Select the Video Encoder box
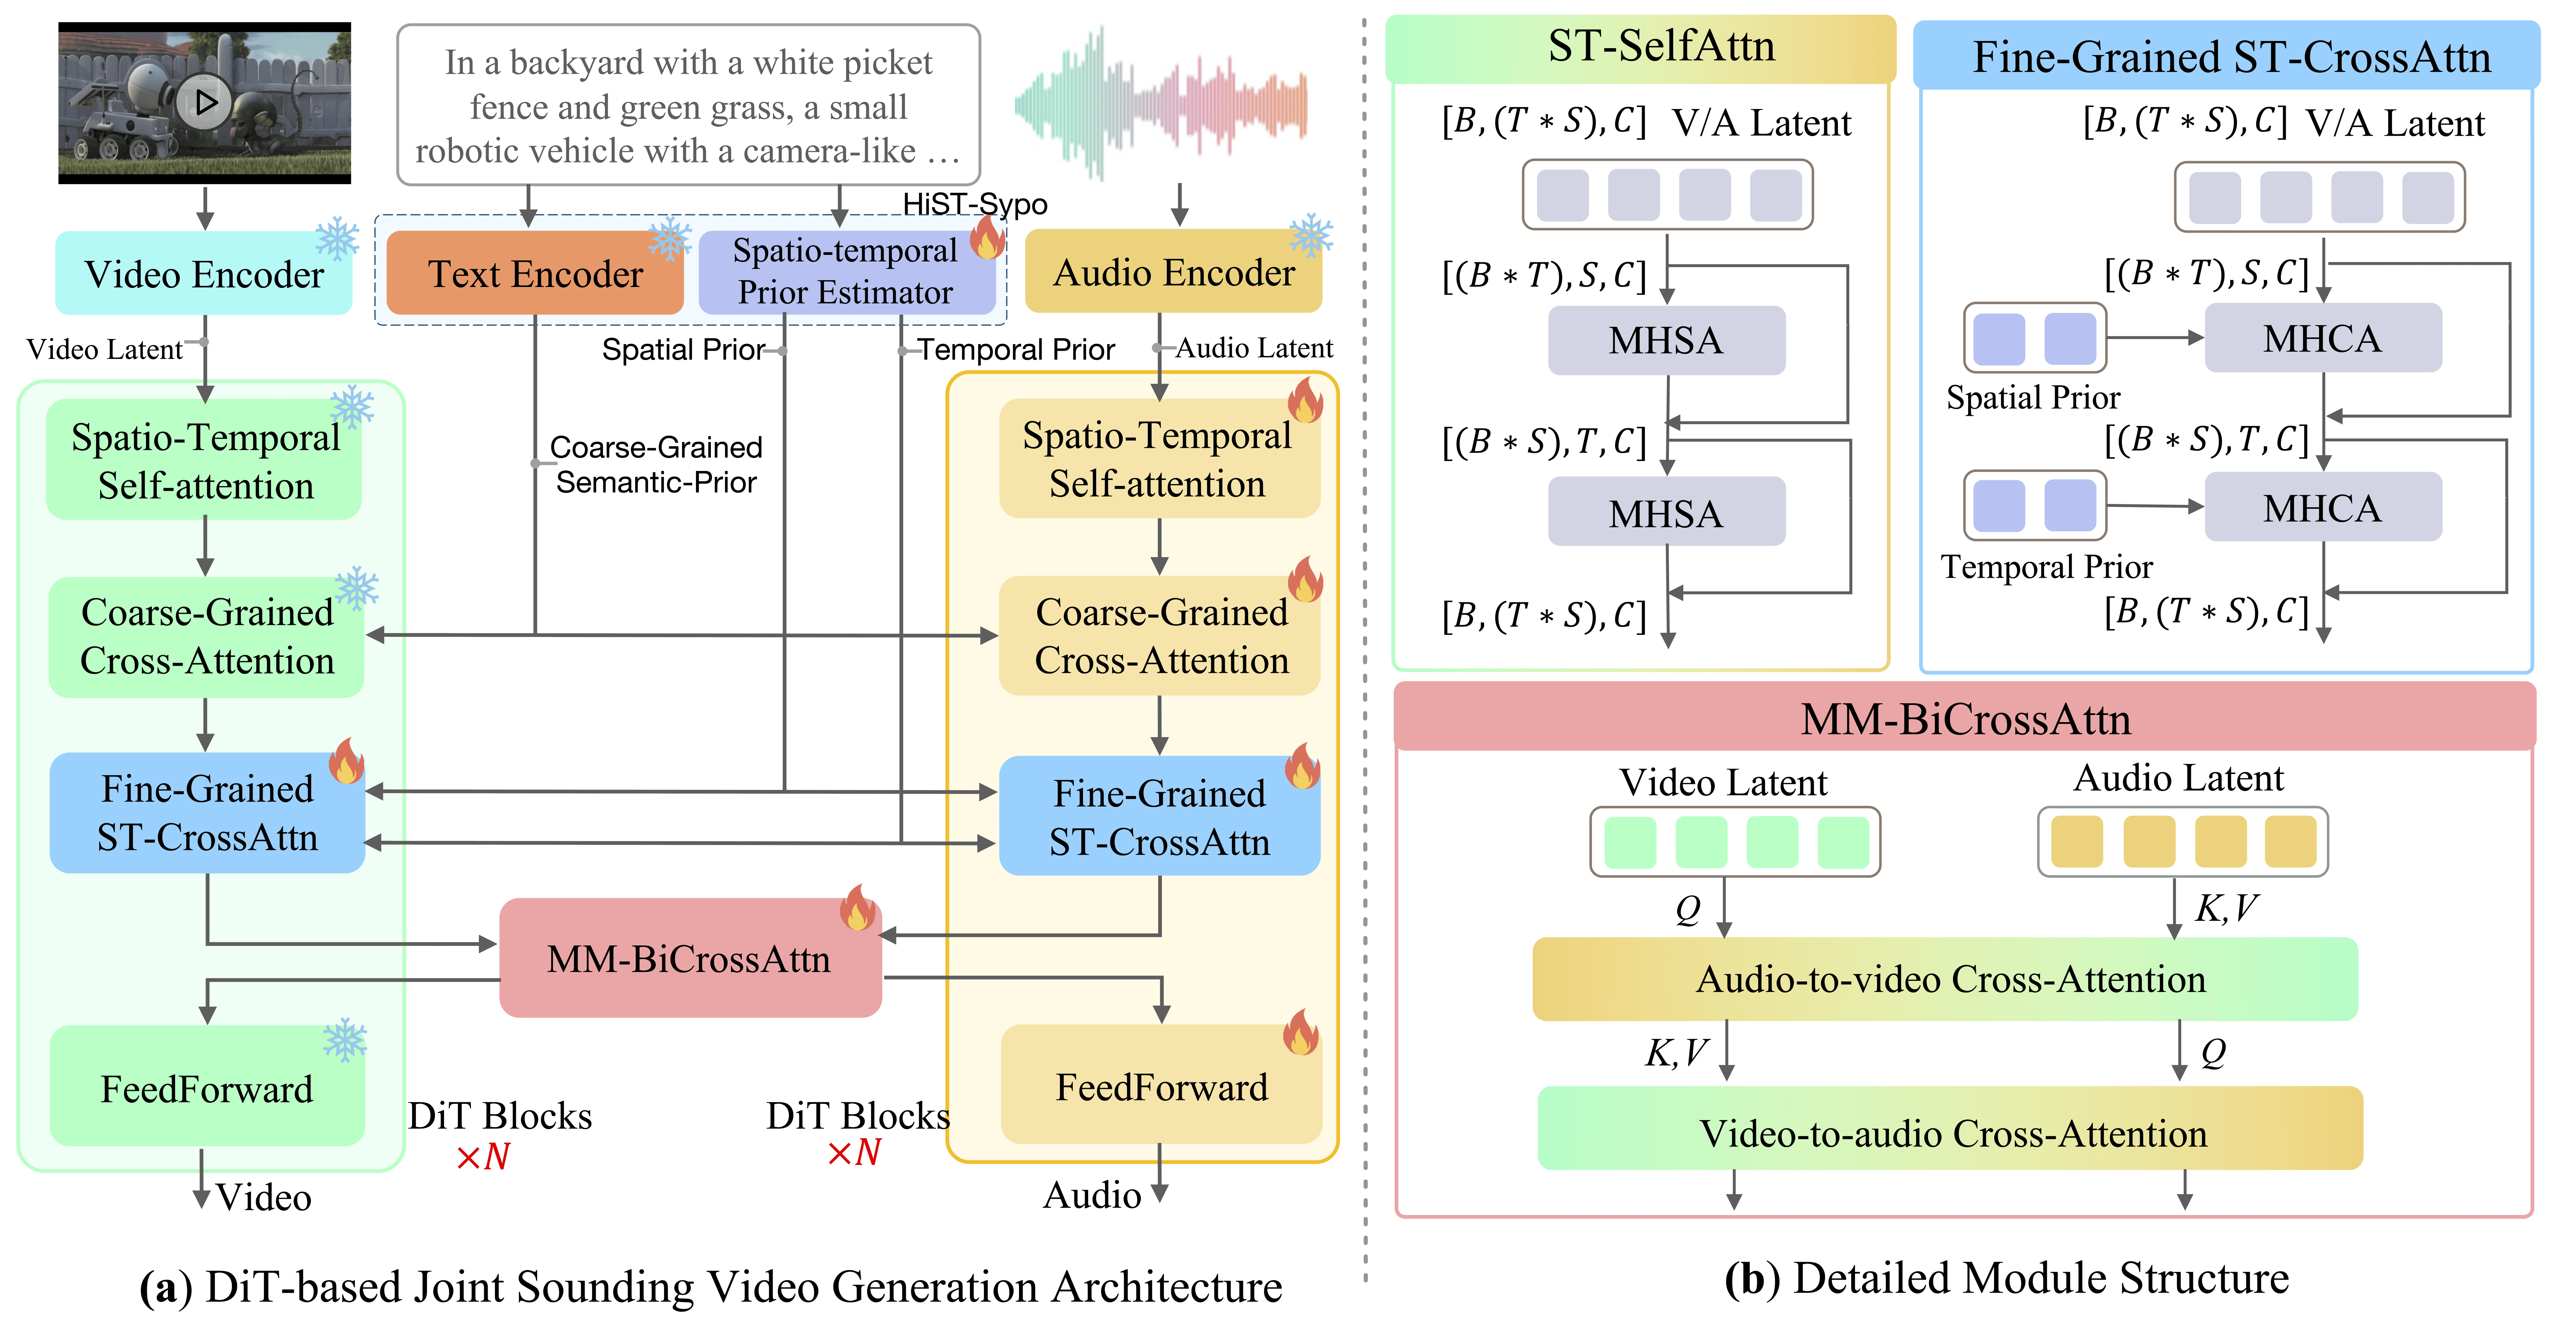click(203, 274)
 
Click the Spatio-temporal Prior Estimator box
click(845, 272)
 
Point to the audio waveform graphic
click(1161, 104)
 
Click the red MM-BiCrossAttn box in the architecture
click(690, 959)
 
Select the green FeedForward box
click(206, 1088)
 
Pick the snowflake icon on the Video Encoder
click(337, 239)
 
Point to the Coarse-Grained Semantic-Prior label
click(656, 464)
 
